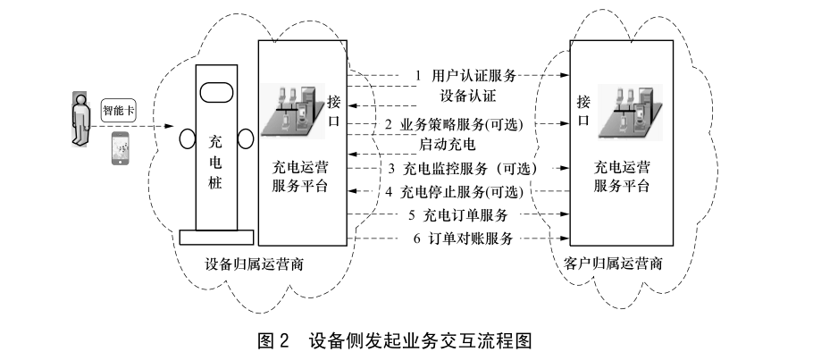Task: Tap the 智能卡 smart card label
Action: coord(119,112)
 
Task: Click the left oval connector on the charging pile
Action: coord(186,140)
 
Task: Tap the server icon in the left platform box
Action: coord(294,108)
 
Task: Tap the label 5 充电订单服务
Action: coord(458,215)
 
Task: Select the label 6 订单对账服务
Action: coord(462,239)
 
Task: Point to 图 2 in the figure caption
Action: coord(273,341)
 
